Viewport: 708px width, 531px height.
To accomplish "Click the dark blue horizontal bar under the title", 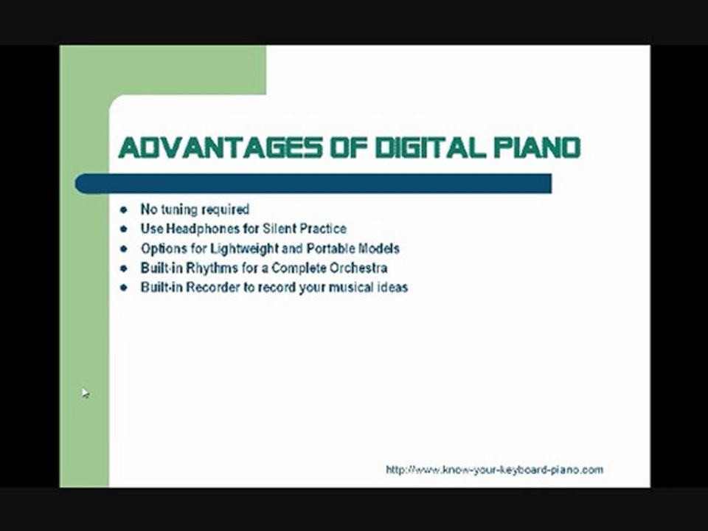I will click(x=313, y=184).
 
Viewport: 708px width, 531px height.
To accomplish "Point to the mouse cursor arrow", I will click(x=85, y=393).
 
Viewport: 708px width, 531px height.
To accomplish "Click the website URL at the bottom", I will click(x=494, y=470).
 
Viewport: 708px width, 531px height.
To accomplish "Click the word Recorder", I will click(x=212, y=288).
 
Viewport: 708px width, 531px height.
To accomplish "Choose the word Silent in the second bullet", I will click(x=270, y=229).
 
